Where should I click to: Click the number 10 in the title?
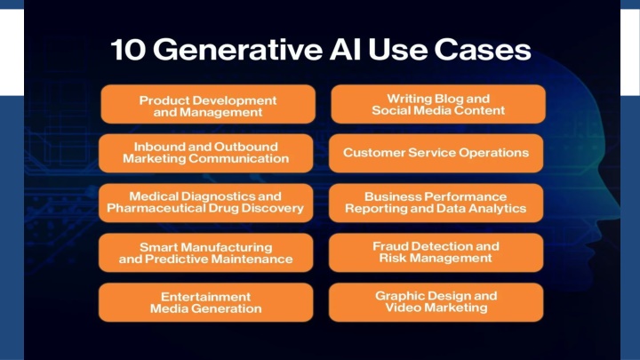tap(128, 50)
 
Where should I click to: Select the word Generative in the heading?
tap(238, 50)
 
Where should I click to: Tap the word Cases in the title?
tap(483, 50)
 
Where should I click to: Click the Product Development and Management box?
tap(208, 104)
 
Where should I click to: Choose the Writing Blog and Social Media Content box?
tap(438, 104)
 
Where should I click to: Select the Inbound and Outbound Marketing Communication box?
tap(205, 153)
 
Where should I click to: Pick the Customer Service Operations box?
tap(436, 153)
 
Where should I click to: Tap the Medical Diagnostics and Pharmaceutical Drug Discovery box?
tap(205, 203)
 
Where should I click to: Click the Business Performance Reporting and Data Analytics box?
tap(436, 203)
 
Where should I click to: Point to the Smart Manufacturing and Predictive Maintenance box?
tap(205, 252)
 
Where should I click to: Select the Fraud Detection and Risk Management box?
tap(436, 252)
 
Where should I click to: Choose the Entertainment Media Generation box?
tap(205, 302)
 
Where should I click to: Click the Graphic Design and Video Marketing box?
tap(436, 302)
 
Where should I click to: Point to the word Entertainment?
tap(205, 297)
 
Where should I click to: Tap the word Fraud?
tap(390, 246)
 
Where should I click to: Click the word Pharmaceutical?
tap(156, 208)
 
